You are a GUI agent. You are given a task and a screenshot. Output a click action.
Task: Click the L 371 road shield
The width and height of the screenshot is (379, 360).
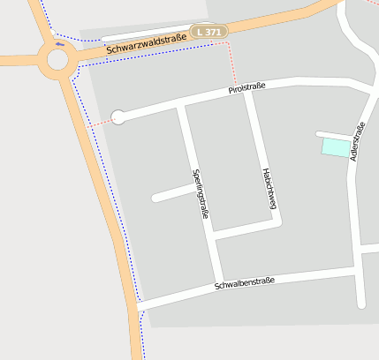[209, 32]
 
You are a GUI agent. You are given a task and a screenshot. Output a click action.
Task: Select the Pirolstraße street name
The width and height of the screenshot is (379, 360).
[247, 89]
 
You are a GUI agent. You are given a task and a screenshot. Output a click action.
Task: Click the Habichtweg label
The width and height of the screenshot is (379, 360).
[269, 189]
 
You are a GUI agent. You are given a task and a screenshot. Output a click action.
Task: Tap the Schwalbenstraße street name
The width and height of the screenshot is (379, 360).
[244, 282]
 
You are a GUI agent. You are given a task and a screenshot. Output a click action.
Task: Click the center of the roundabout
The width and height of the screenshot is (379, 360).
[58, 60]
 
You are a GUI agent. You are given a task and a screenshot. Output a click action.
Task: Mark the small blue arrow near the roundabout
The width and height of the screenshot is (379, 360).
[59, 43]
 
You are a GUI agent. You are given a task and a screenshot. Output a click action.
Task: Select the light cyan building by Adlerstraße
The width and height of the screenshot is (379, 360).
[335, 148]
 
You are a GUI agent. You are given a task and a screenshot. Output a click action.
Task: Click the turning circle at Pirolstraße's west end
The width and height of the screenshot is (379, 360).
[117, 116]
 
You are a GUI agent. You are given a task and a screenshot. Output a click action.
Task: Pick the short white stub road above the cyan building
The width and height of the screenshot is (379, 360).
[334, 135]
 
